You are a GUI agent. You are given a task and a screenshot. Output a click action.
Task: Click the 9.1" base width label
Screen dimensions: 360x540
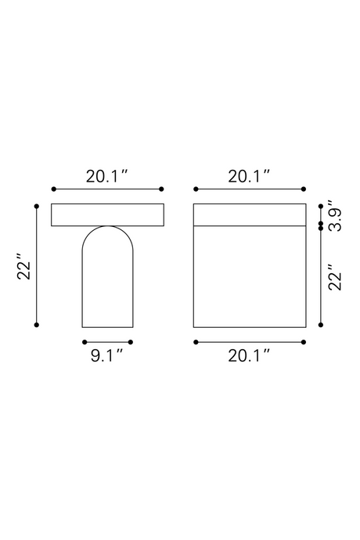pyautogui.click(x=106, y=355)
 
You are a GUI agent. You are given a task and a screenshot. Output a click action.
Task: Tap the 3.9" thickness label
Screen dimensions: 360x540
pyautogui.click(x=334, y=215)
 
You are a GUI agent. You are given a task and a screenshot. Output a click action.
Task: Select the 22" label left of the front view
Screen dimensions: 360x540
pyautogui.click(x=24, y=267)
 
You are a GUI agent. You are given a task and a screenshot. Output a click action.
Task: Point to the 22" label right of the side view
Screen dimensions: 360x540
pyautogui.click(x=334, y=278)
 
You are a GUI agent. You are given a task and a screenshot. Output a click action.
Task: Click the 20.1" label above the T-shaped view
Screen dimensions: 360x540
pyautogui.click(x=106, y=176)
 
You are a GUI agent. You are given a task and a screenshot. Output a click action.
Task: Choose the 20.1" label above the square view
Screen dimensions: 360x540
pyautogui.click(x=249, y=176)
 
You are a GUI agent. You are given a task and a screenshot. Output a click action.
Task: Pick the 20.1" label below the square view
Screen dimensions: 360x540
pyautogui.click(x=249, y=355)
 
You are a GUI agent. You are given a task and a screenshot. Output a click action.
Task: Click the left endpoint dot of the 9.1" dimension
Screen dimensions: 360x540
pyautogui.click(x=85, y=342)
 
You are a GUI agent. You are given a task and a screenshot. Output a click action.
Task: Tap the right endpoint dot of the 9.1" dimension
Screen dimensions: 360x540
pyautogui.click(x=130, y=342)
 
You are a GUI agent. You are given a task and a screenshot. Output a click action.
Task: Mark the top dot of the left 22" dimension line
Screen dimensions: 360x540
pyautogui.click(x=37, y=207)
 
